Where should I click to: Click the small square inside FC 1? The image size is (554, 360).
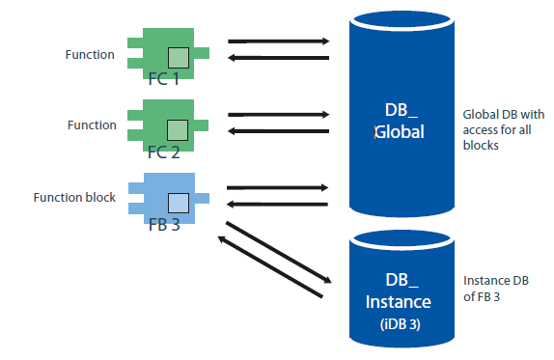point(177,56)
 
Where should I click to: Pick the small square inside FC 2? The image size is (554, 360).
point(177,129)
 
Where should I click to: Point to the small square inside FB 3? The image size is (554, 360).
point(177,202)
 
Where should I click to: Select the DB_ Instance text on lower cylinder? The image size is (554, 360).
point(399,291)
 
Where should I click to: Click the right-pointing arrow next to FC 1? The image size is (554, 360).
point(279,42)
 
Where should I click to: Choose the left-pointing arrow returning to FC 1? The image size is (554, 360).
point(279,59)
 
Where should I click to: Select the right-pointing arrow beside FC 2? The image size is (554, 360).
point(279,114)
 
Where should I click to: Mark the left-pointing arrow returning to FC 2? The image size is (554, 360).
point(279,131)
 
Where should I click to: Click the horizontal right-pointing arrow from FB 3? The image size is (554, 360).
point(279,187)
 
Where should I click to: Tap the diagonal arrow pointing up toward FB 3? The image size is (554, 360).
point(266,267)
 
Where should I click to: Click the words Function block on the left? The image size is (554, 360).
point(74,198)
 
